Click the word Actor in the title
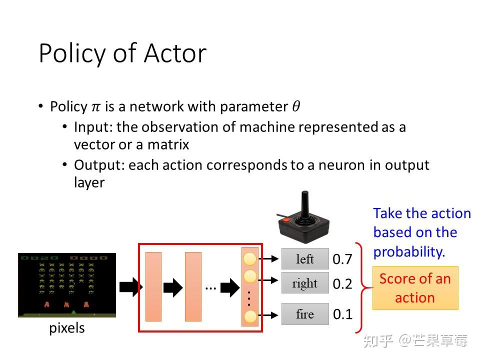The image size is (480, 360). [x=175, y=53]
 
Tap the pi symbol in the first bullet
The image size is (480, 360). [x=96, y=107]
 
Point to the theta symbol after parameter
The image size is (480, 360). [x=296, y=106]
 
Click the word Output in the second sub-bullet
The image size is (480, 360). [x=97, y=165]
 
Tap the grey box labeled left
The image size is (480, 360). [x=305, y=259]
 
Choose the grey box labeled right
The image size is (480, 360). [x=305, y=283]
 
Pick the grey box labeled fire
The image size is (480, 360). [x=305, y=314]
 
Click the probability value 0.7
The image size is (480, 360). [x=342, y=259]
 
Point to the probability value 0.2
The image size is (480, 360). [x=342, y=284]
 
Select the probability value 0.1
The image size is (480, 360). [x=342, y=314]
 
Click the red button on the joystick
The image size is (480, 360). [x=286, y=219]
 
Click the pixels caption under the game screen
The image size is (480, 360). [x=66, y=328]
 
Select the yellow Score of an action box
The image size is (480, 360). [x=415, y=288]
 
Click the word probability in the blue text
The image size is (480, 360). [x=409, y=252]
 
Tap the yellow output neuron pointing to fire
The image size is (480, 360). [x=250, y=316]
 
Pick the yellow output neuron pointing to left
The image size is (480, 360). [x=250, y=259]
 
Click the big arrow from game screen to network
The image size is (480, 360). [x=131, y=287]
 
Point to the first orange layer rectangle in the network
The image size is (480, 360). [x=153, y=286]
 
